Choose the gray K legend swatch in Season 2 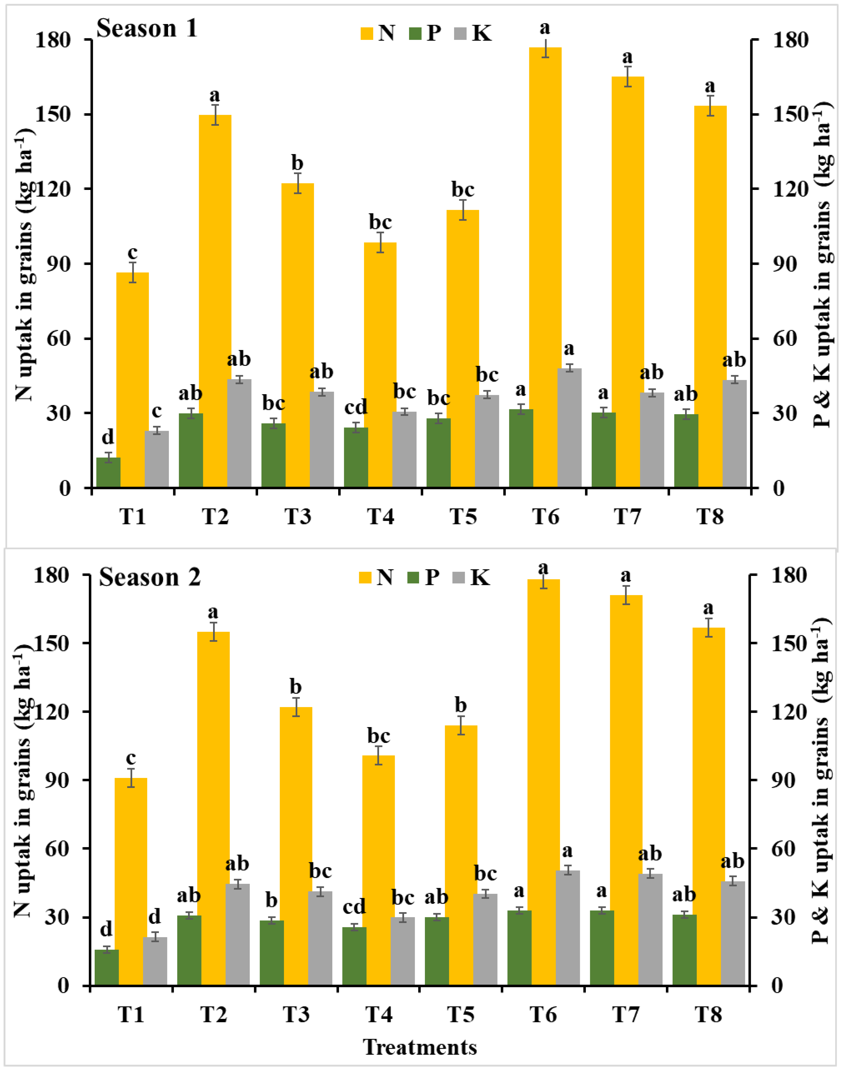point(459,578)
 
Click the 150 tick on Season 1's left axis point(58,115)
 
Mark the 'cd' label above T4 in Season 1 point(356,408)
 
